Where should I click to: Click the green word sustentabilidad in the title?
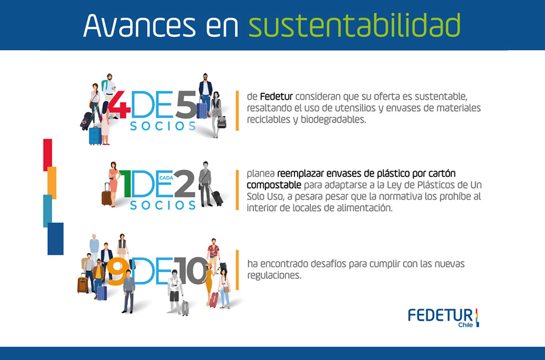click(354, 25)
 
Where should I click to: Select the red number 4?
click(119, 105)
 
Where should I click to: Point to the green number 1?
click(125, 184)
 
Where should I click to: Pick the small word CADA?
click(166, 178)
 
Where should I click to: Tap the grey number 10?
click(191, 271)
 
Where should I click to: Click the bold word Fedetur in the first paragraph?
click(276, 96)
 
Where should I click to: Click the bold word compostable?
click(274, 185)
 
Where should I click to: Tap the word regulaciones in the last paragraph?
click(274, 276)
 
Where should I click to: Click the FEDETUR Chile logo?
click(443, 318)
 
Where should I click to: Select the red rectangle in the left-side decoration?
click(48, 155)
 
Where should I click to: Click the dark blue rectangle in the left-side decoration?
click(56, 239)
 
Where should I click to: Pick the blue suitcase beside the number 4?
click(95, 136)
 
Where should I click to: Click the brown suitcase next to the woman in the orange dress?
click(106, 197)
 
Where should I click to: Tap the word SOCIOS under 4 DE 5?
click(163, 126)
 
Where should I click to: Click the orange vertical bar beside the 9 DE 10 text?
click(237, 269)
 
